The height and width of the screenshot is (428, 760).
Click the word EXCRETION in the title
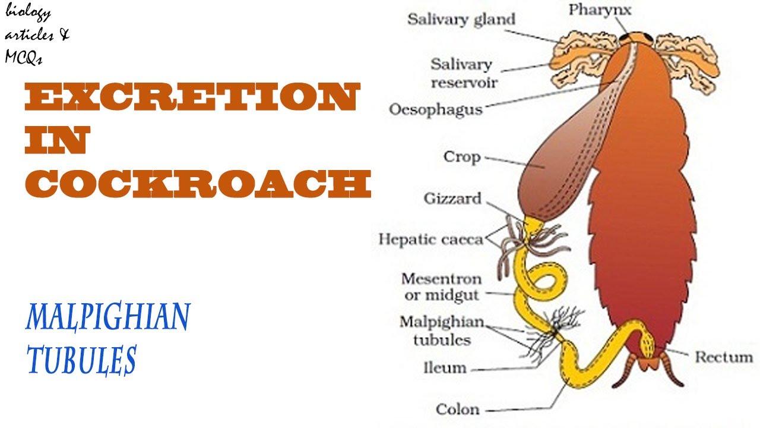tap(191, 98)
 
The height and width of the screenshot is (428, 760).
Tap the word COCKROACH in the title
tap(198, 185)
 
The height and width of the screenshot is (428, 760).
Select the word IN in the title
tap(56, 141)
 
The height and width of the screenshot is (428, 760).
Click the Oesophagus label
tap(435, 109)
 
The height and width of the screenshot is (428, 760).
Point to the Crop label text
tap(461, 157)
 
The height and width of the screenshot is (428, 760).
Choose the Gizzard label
tap(452, 198)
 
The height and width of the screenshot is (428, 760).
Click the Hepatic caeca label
tap(430, 239)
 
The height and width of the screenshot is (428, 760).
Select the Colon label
tap(457, 409)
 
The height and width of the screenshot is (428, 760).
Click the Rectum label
tap(723, 357)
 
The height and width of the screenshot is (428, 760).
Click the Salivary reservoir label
tap(461, 73)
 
